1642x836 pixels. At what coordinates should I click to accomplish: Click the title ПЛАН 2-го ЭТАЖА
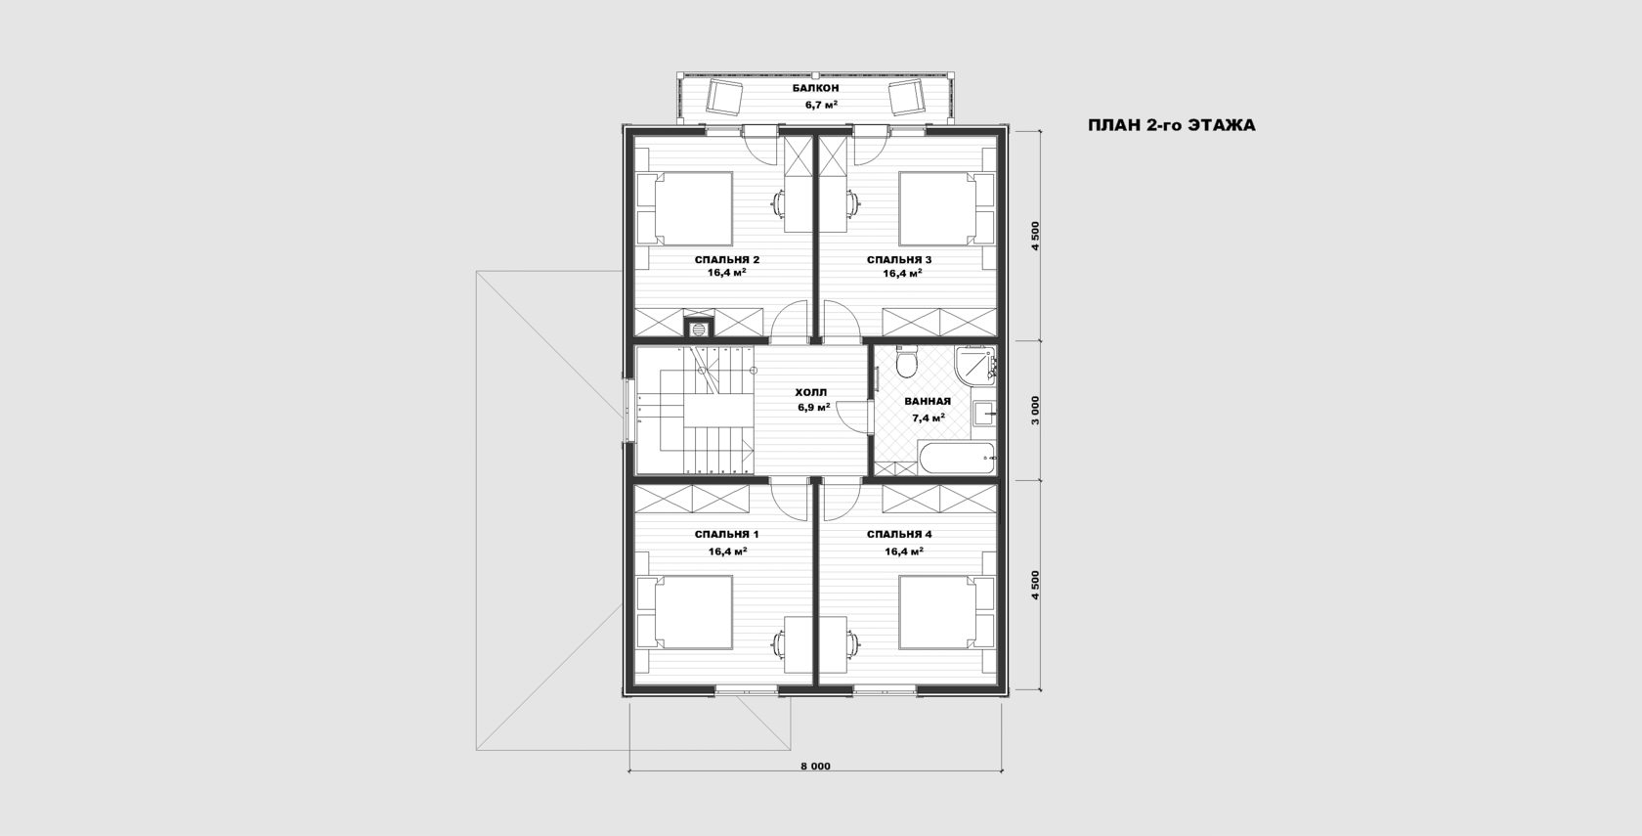coord(1171,125)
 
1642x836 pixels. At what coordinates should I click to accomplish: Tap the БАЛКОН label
coord(816,88)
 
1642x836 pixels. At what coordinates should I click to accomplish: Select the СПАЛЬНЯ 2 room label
coord(727,260)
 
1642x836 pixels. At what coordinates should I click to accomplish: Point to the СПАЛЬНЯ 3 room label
coord(899,260)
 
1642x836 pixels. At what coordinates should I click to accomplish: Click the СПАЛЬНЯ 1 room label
coord(727,535)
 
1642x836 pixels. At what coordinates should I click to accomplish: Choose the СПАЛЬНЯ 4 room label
coord(899,535)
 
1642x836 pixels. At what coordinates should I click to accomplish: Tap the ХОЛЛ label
coord(811,393)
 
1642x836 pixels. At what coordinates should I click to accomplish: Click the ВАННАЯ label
coord(928,401)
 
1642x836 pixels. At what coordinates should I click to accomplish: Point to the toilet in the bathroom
coord(907,362)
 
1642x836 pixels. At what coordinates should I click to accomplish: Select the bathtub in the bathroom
coord(958,458)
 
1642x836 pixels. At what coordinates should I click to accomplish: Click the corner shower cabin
coord(975,365)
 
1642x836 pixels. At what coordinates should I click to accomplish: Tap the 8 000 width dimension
coord(815,767)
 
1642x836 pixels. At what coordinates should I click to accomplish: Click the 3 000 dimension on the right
coord(1035,411)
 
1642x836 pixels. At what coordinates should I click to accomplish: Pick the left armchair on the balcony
coord(725,98)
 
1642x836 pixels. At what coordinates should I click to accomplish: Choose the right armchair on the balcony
coord(906,98)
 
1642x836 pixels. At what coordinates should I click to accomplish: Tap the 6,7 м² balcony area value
coord(821,105)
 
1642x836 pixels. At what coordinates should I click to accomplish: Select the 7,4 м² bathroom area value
coord(929,418)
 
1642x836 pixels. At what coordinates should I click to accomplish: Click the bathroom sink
coord(983,414)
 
